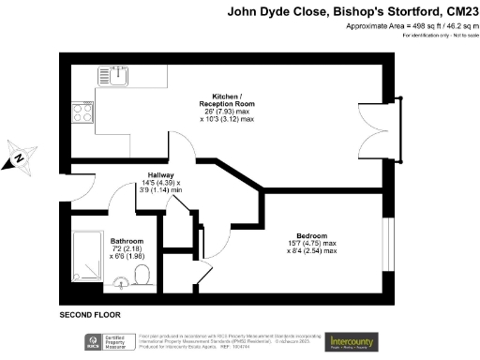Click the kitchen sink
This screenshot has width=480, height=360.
pos(119,76)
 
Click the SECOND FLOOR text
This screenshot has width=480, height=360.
pos(90,314)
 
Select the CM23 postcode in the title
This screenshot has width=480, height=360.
pos(457,12)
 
